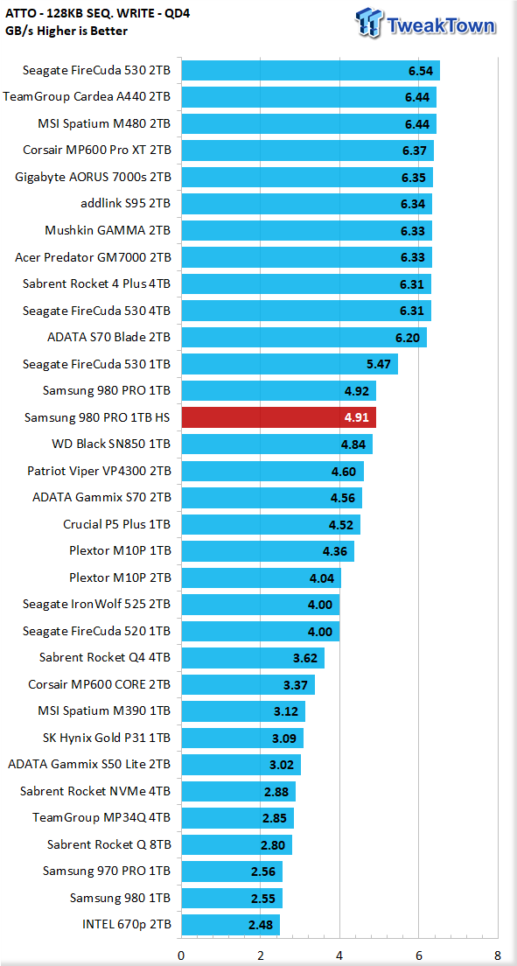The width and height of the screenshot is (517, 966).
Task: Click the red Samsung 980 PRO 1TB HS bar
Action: (x=278, y=417)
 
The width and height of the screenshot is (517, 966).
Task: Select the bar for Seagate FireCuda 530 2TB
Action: (x=311, y=70)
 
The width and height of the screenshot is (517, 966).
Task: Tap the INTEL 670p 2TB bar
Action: (x=230, y=925)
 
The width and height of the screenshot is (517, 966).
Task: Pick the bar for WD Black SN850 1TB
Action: (x=276, y=444)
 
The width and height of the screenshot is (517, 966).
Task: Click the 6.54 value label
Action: (x=420, y=71)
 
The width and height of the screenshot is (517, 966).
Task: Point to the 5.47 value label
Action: (x=379, y=364)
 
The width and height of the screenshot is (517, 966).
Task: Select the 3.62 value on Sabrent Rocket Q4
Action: (x=305, y=658)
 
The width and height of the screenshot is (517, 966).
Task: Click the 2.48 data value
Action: (x=260, y=925)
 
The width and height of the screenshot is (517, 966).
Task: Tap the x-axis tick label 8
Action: (x=497, y=955)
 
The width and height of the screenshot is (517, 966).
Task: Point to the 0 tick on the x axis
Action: (x=181, y=955)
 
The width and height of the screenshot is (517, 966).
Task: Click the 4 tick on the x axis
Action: (x=339, y=955)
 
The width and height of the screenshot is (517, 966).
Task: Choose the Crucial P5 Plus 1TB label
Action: (x=117, y=524)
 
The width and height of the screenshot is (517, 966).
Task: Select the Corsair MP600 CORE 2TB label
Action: (x=100, y=684)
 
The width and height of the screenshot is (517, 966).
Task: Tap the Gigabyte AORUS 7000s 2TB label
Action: (x=93, y=178)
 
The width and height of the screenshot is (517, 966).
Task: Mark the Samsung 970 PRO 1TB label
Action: (x=108, y=871)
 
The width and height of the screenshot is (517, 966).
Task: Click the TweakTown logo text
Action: (x=440, y=26)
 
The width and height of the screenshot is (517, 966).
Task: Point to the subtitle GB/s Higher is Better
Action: (x=67, y=31)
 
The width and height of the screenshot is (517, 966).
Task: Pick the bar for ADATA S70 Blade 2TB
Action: (x=304, y=338)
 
